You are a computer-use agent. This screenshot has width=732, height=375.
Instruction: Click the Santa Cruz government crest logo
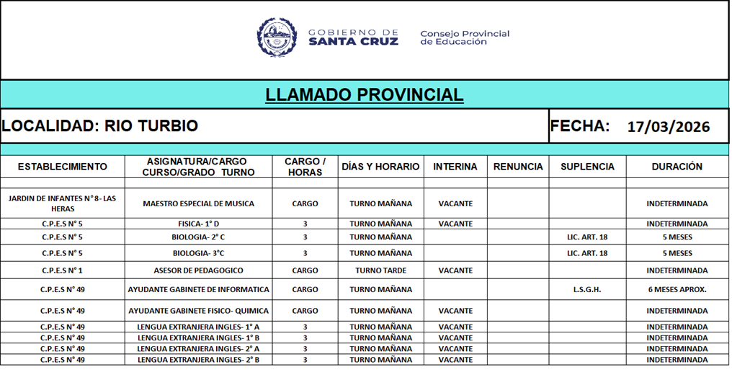(277, 37)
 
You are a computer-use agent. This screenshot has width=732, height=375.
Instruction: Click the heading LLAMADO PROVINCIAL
(365, 95)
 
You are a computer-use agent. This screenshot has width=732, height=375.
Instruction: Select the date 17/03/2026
(668, 127)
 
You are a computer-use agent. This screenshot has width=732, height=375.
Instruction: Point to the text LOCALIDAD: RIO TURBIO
(99, 126)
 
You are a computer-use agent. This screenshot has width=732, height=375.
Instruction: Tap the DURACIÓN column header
(677, 167)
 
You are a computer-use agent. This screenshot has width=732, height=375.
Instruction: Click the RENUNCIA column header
(518, 167)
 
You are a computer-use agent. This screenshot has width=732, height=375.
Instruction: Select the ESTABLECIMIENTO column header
(62, 167)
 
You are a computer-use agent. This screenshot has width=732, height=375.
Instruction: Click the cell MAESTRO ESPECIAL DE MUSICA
(199, 203)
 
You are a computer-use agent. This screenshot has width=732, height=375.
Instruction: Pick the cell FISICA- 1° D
(199, 224)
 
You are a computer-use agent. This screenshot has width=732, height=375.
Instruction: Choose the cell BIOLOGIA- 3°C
(199, 253)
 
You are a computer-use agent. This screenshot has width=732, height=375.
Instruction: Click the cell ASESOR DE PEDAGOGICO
(199, 270)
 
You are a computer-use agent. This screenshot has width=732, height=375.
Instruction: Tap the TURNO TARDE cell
(381, 270)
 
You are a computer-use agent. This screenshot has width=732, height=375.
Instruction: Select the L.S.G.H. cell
(587, 290)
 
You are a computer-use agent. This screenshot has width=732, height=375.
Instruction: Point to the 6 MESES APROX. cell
(677, 290)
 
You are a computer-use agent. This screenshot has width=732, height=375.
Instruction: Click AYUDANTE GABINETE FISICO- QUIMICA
(199, 311)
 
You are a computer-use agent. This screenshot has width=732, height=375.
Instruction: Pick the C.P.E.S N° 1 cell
(62, 270)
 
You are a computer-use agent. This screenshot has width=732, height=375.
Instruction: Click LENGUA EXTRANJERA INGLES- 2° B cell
(199, 360)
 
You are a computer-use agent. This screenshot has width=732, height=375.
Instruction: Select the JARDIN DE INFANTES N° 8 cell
(62, 203)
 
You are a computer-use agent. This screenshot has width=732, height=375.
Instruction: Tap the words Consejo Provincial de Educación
(464, 37)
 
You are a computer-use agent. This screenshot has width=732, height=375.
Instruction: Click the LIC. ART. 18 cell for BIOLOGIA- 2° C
(587, 237)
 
